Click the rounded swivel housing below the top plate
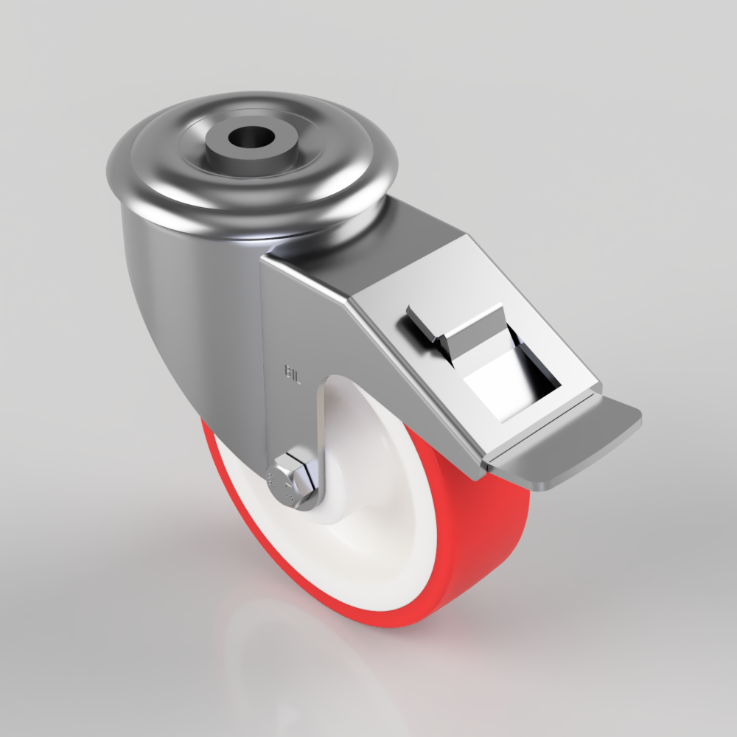[x=184, y=317]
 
